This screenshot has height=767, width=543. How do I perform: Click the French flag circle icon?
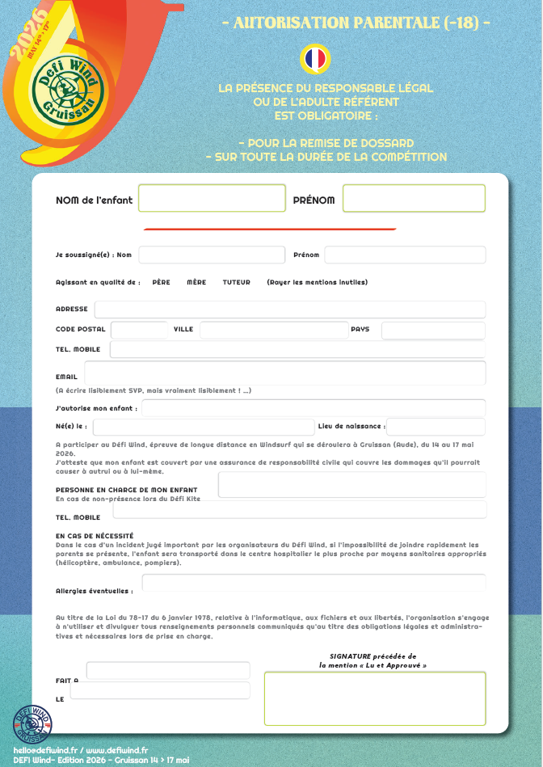314,58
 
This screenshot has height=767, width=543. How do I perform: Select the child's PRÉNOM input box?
414,199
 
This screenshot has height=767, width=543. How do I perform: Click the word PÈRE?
161,282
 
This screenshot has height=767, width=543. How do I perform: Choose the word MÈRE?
196,282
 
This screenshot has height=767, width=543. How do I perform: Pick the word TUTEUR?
236,282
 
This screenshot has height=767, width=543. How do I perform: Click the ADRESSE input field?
289,310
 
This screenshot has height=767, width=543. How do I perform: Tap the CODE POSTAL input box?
139,330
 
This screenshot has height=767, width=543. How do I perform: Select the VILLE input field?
272,330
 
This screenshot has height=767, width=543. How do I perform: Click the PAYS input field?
433,330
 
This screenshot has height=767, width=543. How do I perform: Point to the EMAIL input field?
284,373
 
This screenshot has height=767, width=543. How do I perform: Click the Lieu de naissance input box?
436,427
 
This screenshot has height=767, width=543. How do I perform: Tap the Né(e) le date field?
204,427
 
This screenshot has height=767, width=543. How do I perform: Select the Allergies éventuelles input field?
314,584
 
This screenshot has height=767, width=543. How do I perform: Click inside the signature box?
375,698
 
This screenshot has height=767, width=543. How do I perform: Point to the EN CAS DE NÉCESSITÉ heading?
95,536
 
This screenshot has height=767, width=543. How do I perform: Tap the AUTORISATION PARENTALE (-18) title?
356,23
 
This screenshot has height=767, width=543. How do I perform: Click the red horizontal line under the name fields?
270,230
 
